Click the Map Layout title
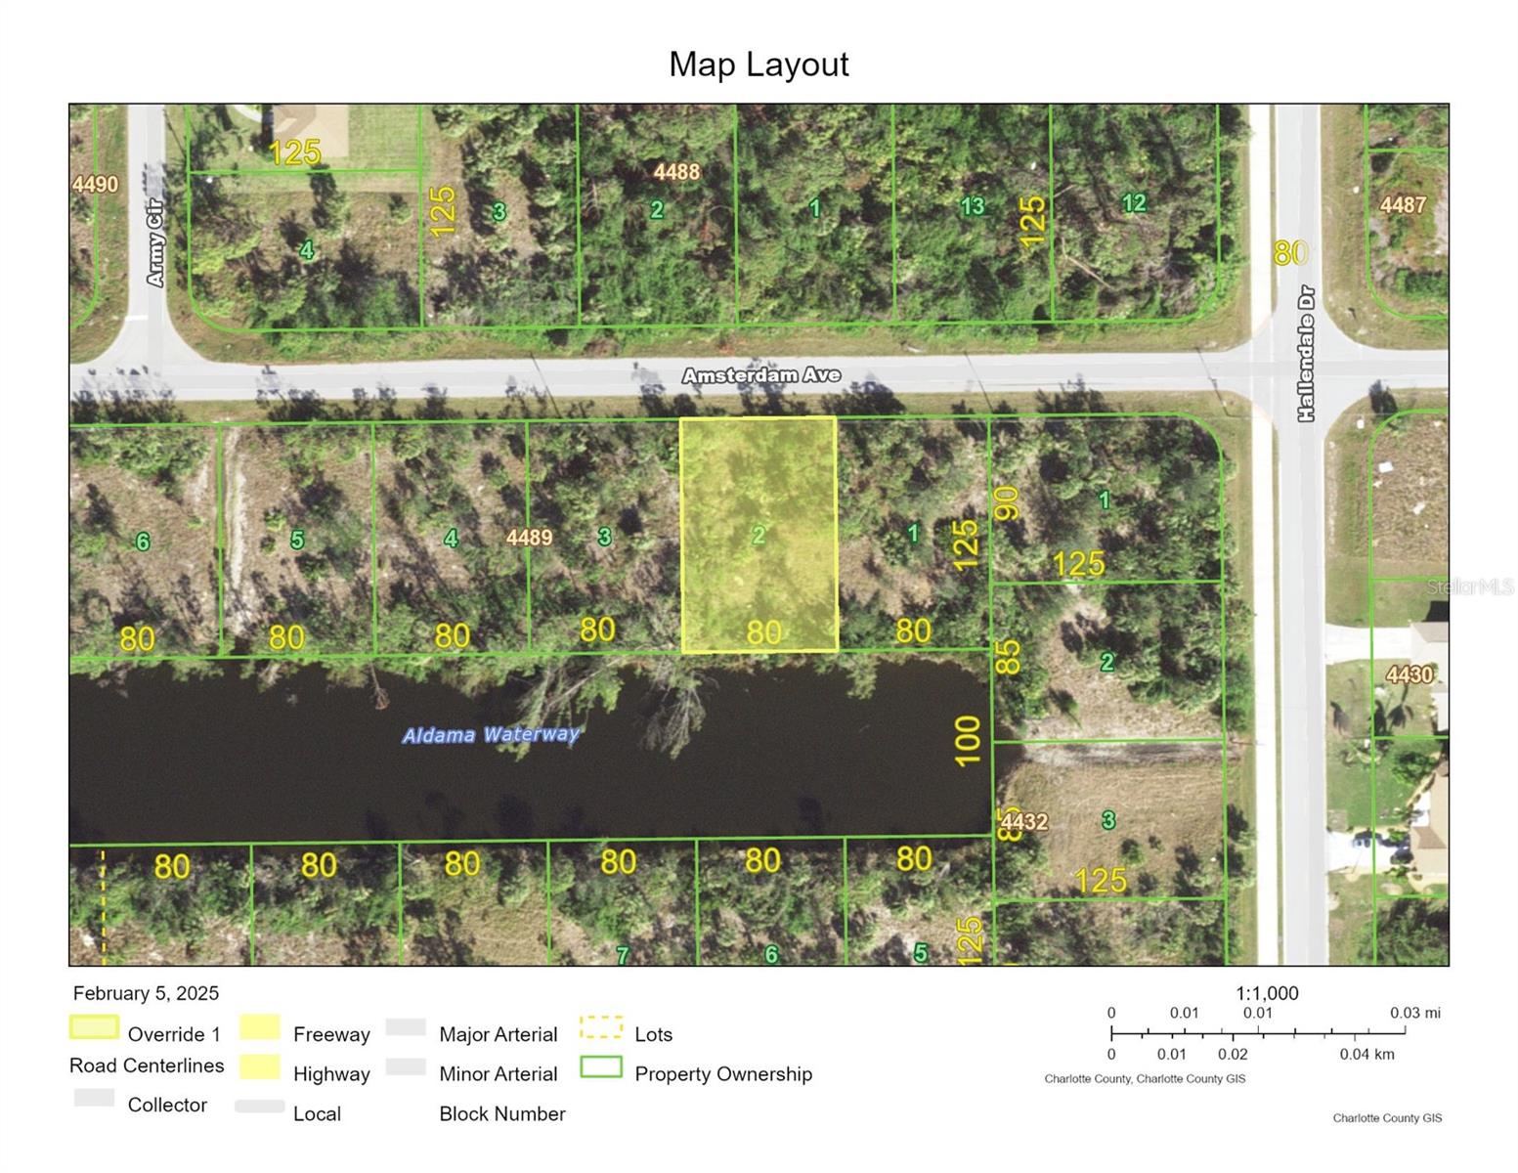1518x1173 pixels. click(759, 65)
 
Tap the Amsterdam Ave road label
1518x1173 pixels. click(760, 375)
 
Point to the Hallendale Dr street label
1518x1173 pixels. click(1306, 354)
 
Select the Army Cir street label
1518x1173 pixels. click(154, 242)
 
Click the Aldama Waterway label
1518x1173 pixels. click(491, 734)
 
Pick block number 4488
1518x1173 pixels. click(676, 171)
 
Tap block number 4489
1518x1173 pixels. click(529, 538)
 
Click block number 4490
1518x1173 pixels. click(95, 185)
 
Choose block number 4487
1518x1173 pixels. click(1403, 204)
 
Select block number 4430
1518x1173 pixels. click(1410, 674)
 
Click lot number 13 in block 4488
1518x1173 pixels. click(972, 206)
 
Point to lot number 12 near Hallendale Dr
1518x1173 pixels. click(1134, 202)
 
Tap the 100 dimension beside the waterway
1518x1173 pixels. click(968, 741)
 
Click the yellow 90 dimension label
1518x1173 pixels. click(1007, 503)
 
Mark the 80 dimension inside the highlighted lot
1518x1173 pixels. click(762, 632)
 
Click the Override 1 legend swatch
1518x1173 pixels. click(94, 1027)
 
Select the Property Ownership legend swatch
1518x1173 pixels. click(601, 1066)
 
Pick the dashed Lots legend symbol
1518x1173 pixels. click(601, 1027)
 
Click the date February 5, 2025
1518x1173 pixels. click(146, 993)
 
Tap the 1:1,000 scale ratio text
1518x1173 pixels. click(1267, 993)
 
